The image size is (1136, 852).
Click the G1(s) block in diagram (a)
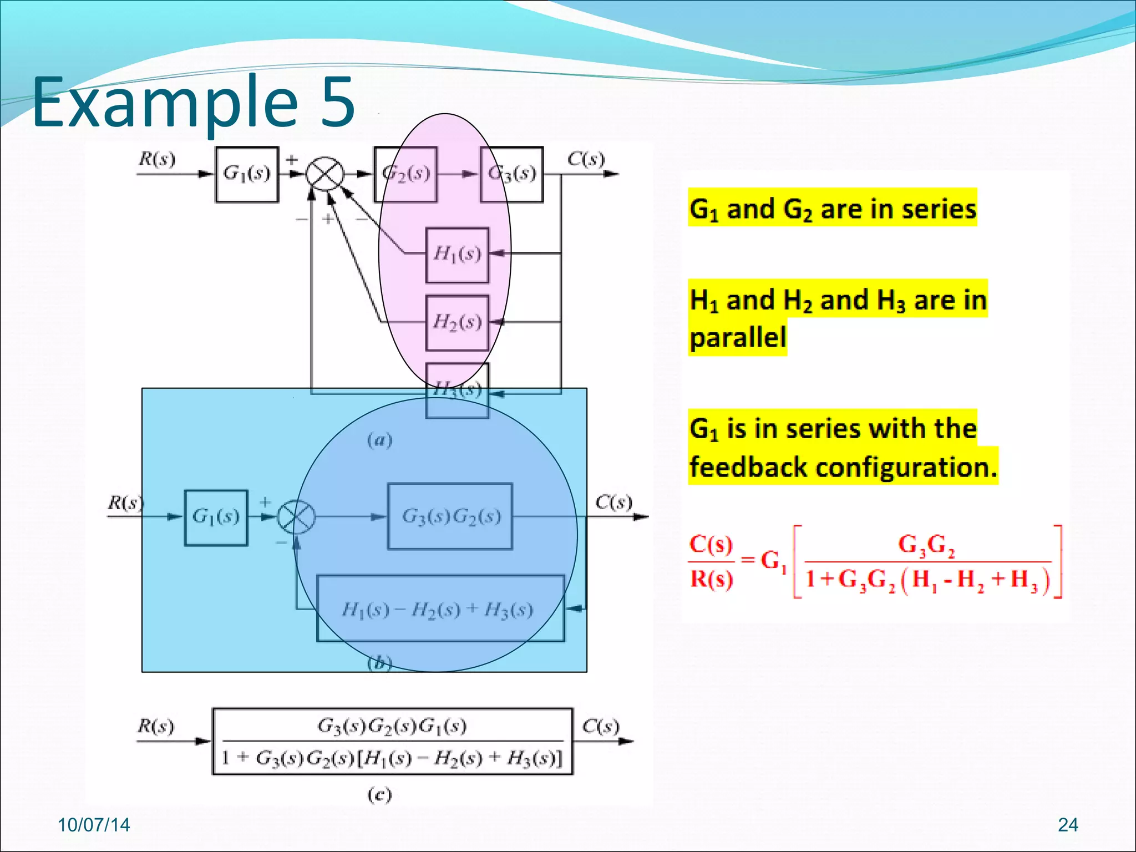pyautogui.click(x=247, y=174)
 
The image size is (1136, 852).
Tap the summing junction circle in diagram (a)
pyautogui.click(x=325, y=174)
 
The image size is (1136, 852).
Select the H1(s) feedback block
pyautogui.click(x=457, y=255)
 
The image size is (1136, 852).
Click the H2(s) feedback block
pyautogui.click(x=457, y=322)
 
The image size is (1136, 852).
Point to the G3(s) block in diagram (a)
pyautogui.click(x=511, y=174)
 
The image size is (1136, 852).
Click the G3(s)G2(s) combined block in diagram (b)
pyautogui.click(x=450, y=516)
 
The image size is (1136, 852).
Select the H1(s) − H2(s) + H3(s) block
pyautogui.click(x=440, y=609)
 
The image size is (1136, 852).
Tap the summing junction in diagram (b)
pyautogui.click(x=296, y=516)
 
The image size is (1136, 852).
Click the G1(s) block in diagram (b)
pyautogui.click(x=216, y=518)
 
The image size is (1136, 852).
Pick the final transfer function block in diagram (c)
pyautogui.click(x=392, y=741)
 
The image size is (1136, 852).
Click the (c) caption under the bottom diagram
pyautogui.click(x=380, y=795)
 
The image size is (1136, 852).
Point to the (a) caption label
pyautogui.click(x=380, y=440)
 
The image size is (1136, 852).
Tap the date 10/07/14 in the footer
pyautogui.click(x=94, y=825)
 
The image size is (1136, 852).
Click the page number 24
pyautogui.click(x=1068, y=825)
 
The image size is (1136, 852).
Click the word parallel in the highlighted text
pyautogui.click(x=738, y=337)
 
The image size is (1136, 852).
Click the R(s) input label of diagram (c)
pyautogui.click(x=156, y=726)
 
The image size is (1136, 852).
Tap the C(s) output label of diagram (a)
pyautogui.click(x=586, y=159)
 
